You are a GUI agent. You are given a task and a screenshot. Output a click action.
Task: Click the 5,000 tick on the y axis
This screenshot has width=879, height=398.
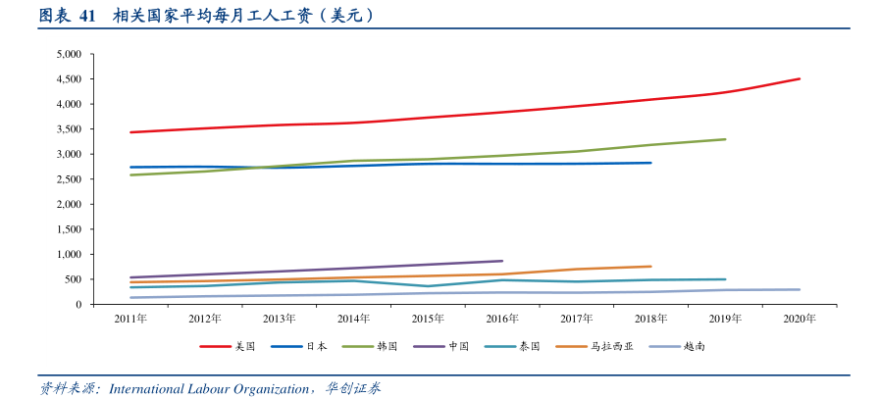pos(68,54)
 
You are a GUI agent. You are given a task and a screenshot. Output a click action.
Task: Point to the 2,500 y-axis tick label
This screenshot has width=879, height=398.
pos(68,179)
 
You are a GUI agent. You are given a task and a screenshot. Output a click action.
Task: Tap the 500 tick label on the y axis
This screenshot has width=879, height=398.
pos(73,279)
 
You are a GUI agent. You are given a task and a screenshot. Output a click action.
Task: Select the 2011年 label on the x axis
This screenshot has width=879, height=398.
pos(130,319)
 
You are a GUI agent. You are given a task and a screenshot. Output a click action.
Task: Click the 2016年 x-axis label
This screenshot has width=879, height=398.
pos(502,319)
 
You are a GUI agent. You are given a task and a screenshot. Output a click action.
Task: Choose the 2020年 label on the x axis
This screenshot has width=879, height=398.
pos(800,319)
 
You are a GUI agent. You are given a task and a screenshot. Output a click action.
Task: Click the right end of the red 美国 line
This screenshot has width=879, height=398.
pos(800,78)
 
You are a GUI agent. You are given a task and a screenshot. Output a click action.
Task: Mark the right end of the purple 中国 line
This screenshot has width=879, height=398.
pos(502,261)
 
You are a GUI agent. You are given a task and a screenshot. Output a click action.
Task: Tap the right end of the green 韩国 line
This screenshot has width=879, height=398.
pos(725,139)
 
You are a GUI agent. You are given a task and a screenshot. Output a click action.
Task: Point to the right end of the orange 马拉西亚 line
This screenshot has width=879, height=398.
pos(651,266)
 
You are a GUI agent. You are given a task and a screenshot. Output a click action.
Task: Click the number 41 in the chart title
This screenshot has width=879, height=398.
pos(86,16)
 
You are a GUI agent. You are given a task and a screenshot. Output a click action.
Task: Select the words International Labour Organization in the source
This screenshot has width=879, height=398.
pos(209,389)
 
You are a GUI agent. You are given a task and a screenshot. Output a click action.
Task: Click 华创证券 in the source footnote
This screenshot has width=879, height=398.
pos(353,389)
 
